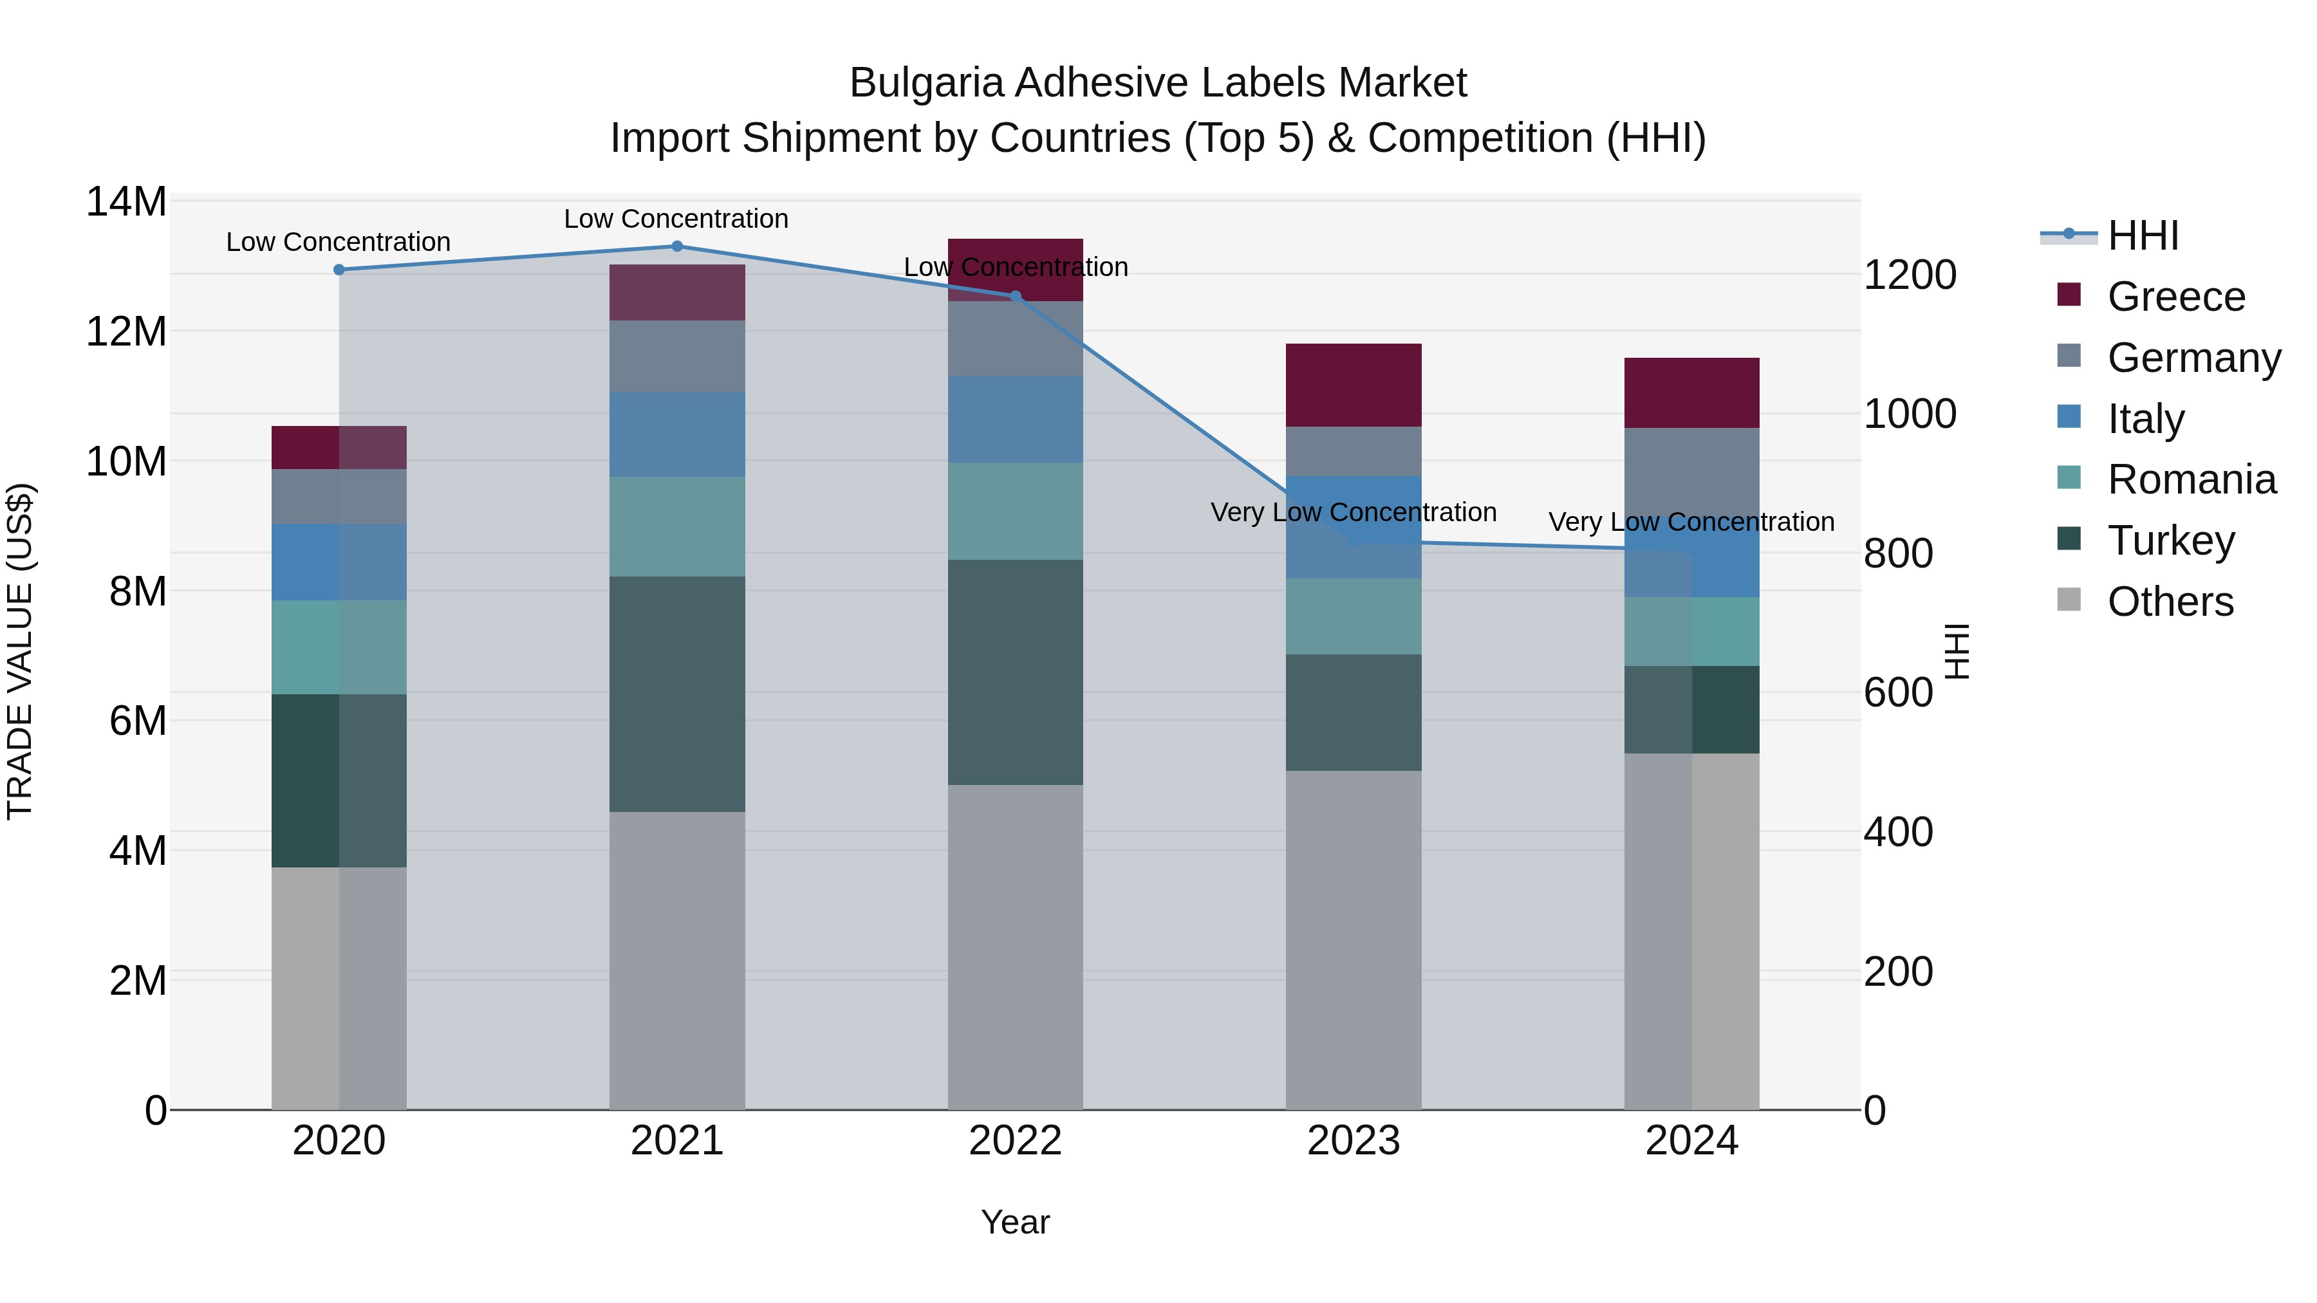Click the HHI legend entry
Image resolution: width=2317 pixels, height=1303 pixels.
pos(2141,236)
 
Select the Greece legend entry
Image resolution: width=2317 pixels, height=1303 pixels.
pos(2175,297)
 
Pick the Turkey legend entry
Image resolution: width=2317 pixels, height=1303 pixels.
pos(2170,541)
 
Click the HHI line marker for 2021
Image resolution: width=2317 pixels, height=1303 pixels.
pos(677,246)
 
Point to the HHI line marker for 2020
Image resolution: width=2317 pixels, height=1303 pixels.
pos(339,270)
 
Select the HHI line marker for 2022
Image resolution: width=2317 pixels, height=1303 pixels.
pos(1016,296)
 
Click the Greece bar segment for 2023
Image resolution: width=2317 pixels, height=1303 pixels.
pos(1353,385)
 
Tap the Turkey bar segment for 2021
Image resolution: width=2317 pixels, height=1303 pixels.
pos(677,694)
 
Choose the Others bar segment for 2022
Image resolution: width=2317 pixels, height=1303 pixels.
pos(1016,947)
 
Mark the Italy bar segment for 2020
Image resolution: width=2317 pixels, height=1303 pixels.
pos(339,562)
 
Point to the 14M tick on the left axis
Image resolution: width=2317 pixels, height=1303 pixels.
pos(126,202)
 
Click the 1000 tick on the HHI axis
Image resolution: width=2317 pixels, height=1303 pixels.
pos(1909,414)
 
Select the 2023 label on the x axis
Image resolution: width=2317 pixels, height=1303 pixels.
pos(1353,1141)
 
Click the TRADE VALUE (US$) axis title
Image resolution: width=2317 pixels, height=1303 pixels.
pos(20,651)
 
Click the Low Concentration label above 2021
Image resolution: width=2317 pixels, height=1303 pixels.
pos(676,219)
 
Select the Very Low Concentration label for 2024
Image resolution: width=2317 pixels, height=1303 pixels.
pos(1690,522)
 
